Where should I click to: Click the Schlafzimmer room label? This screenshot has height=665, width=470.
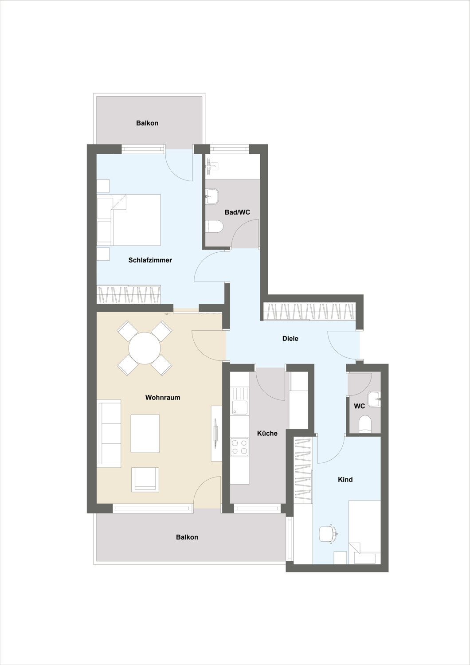(x=150, y=260)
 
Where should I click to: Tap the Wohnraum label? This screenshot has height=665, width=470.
(x=162, y=398)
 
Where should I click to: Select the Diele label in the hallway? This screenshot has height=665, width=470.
(x=290, y=338)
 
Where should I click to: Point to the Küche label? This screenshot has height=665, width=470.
(x=267, y=434)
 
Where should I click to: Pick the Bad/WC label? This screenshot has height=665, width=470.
(x=237, y=212)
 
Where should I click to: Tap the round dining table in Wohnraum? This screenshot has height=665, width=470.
(x=145, y=348)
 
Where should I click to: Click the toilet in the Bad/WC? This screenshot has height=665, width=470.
(x=214, y=227)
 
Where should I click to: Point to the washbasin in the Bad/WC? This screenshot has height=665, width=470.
(x=212, y=197)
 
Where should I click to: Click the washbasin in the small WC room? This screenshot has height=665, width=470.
(x=374, y=399)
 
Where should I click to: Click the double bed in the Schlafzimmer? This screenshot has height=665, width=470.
(x=129, y=220)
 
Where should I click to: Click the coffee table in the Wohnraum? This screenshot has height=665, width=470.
(x=145, y=434)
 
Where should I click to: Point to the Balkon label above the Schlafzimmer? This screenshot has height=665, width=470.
(x=147, y=123)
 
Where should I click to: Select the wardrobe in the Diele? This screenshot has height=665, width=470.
(x=309, y=311)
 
